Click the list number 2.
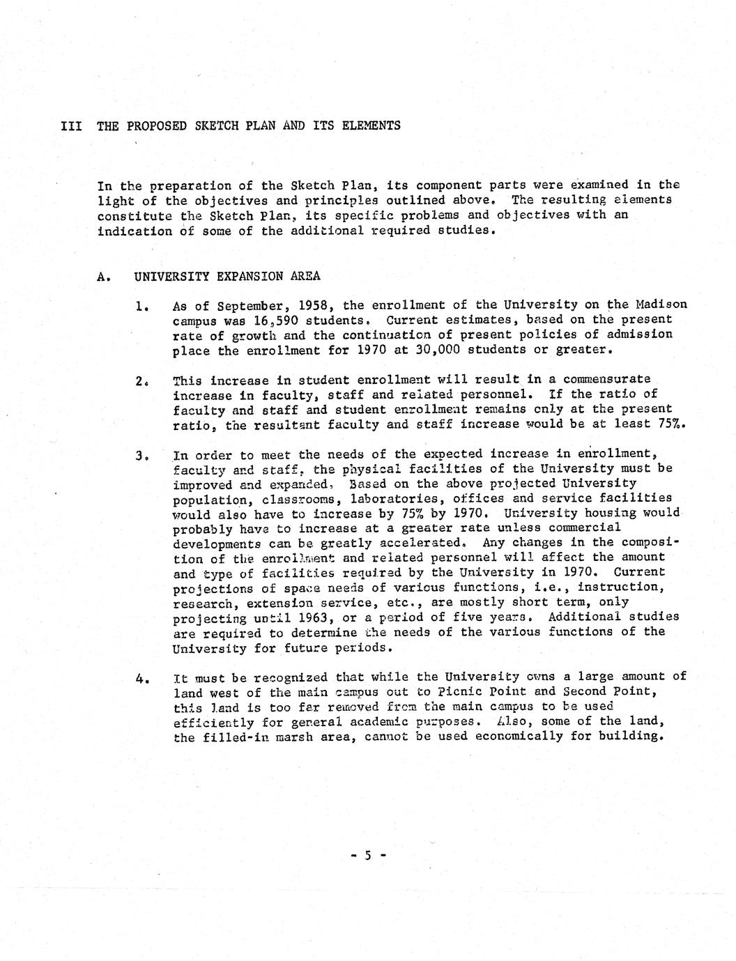pyautogui.click(x=140, y=380)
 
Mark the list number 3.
pyautogui.click(x=140, y=456)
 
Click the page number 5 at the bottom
pyautogui.click(x=367, y=854)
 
